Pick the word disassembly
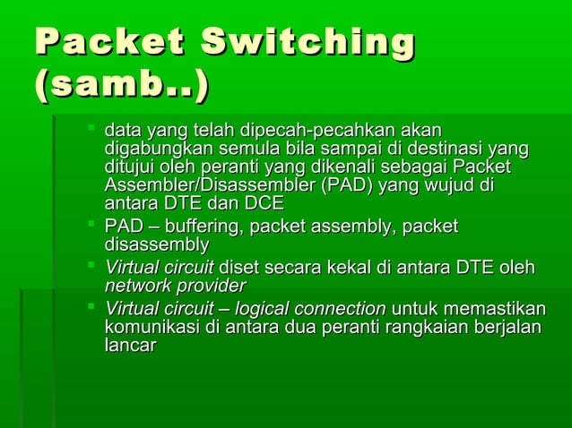click(x=157, y=244)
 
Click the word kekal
click(x=348, y=268)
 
